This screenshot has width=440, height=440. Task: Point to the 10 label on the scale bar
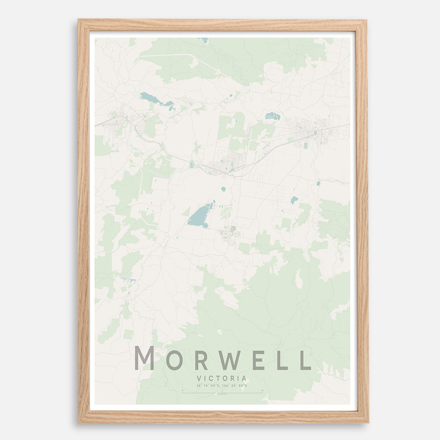click(262, 390)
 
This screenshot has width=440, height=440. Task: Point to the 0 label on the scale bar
click(183, 390)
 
